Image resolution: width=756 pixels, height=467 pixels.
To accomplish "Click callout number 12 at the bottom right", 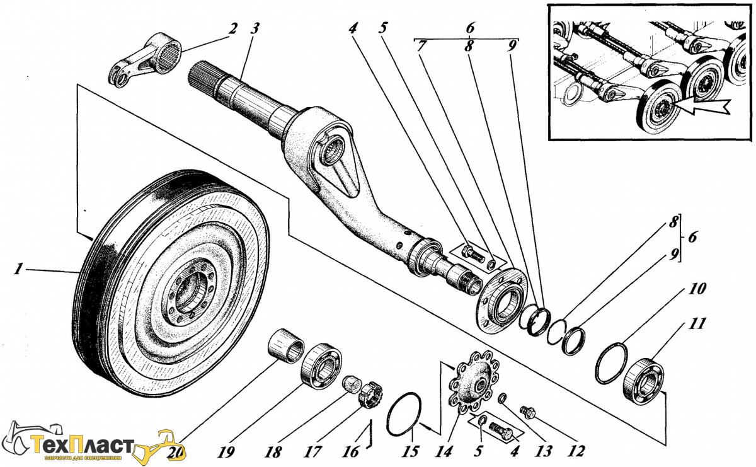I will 575,451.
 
